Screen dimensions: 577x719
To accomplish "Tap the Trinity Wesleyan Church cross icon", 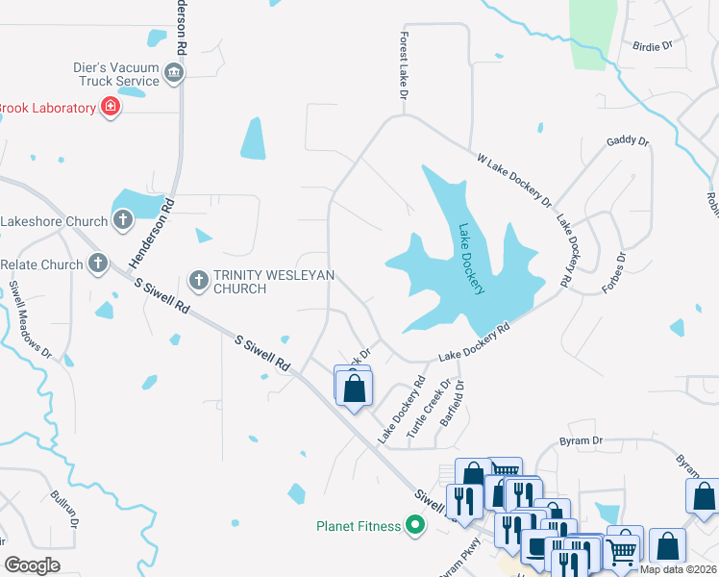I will click(199, 281).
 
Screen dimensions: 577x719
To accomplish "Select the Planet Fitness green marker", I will click(414, 525).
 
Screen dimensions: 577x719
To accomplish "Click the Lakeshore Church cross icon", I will click(122, 221).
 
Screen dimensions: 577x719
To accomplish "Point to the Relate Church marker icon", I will click(97, 263).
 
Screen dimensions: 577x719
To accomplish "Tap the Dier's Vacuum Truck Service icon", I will click(174, 73).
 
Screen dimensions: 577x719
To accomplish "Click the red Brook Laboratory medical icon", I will click(111, 107).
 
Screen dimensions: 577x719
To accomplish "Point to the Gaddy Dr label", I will click(628, 142).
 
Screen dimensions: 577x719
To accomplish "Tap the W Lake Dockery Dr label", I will click(514, 180).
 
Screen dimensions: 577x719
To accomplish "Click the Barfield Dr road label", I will click(453, 403).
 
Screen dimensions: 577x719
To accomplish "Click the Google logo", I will click(31, 564).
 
